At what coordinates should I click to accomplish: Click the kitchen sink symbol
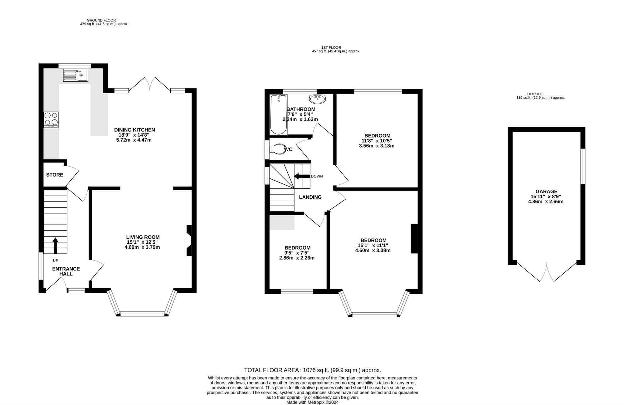pos(76,75)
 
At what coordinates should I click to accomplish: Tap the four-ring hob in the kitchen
pos(51,120)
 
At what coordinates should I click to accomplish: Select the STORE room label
pos(55,175)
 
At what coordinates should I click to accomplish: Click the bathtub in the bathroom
pos(278,115)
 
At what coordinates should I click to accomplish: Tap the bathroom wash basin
pos(317,99)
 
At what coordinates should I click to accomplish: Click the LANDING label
pos(310,197)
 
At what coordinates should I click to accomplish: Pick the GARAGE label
pos(546,192)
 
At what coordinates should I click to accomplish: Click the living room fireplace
pos(188,241)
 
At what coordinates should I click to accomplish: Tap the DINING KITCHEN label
pos(134,130)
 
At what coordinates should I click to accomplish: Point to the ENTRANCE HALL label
pos(66,271)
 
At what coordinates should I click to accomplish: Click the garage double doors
pos(547,272)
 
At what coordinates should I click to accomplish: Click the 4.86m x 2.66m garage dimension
pos(546,202)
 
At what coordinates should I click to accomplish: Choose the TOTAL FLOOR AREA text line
pos(313,370)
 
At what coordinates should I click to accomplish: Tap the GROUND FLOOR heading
pos(101,20)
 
